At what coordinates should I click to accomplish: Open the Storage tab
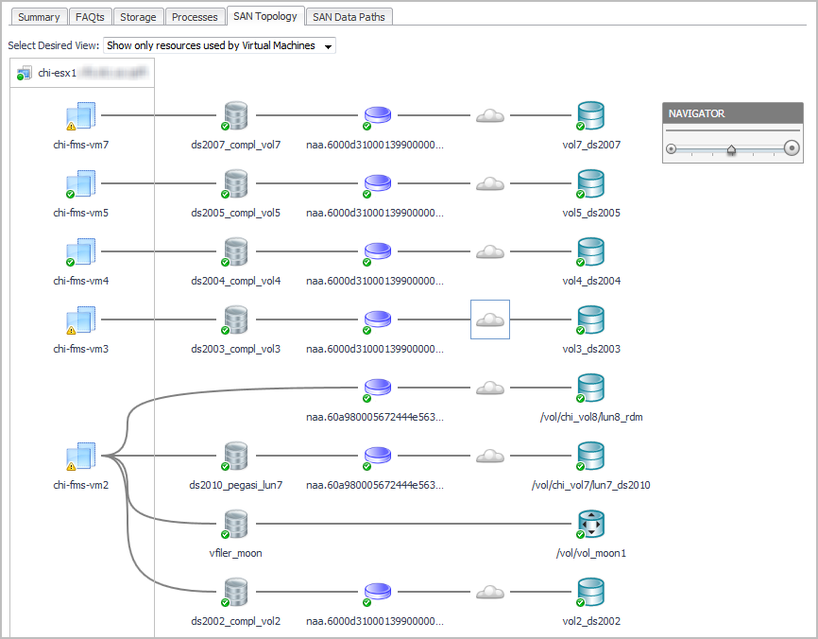(x=138, y=17)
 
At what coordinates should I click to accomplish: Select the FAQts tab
(x=91, y=17)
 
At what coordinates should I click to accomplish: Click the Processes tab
(x=195, y=17)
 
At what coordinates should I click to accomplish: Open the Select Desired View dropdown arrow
(x=328, y=46)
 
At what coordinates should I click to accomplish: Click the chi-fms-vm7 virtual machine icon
(x=81, y=116)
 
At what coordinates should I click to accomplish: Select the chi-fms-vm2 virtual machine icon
(x=81, y=457)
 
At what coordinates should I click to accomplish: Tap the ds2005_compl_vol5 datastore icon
(x=235, y=183)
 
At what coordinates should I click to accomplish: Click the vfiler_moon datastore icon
(x=235, y=524)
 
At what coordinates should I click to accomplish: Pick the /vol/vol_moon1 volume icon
(x=590, y=524)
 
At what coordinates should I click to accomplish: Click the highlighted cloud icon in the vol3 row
(x=489, y=319)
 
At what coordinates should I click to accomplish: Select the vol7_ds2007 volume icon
(x=590, y=115)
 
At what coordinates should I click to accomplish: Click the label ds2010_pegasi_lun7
(x=235, y=485)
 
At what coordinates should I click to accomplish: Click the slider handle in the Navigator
(x=731, y=148)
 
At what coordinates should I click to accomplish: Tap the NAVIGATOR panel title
(x=697, y=113)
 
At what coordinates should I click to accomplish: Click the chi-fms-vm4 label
(x=80, y=281)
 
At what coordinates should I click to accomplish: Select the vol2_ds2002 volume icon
(x=590, y=592)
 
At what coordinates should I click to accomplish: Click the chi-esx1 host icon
(x=25, y=73)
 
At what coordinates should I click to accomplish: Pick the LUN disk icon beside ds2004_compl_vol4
(x=378, y=252)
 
